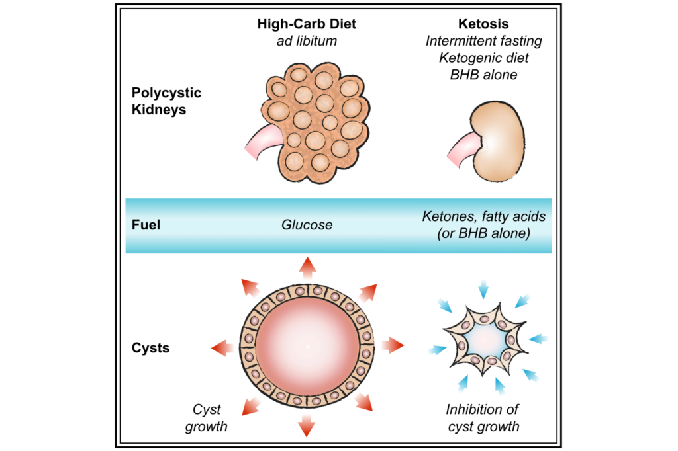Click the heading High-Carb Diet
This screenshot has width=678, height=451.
[307, 24]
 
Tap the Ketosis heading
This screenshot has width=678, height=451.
[483, 24]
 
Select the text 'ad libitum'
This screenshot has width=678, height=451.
[307, 41]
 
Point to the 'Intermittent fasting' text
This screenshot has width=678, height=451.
[483, 41]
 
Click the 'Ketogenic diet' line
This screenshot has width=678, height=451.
[483, 58]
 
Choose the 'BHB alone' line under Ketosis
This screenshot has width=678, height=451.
[483, 75]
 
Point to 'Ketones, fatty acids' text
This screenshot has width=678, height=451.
[483, 217]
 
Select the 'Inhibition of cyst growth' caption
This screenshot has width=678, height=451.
[483, 418]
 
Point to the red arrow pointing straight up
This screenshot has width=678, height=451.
[307, 266]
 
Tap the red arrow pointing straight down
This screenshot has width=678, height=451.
[307, 426]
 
